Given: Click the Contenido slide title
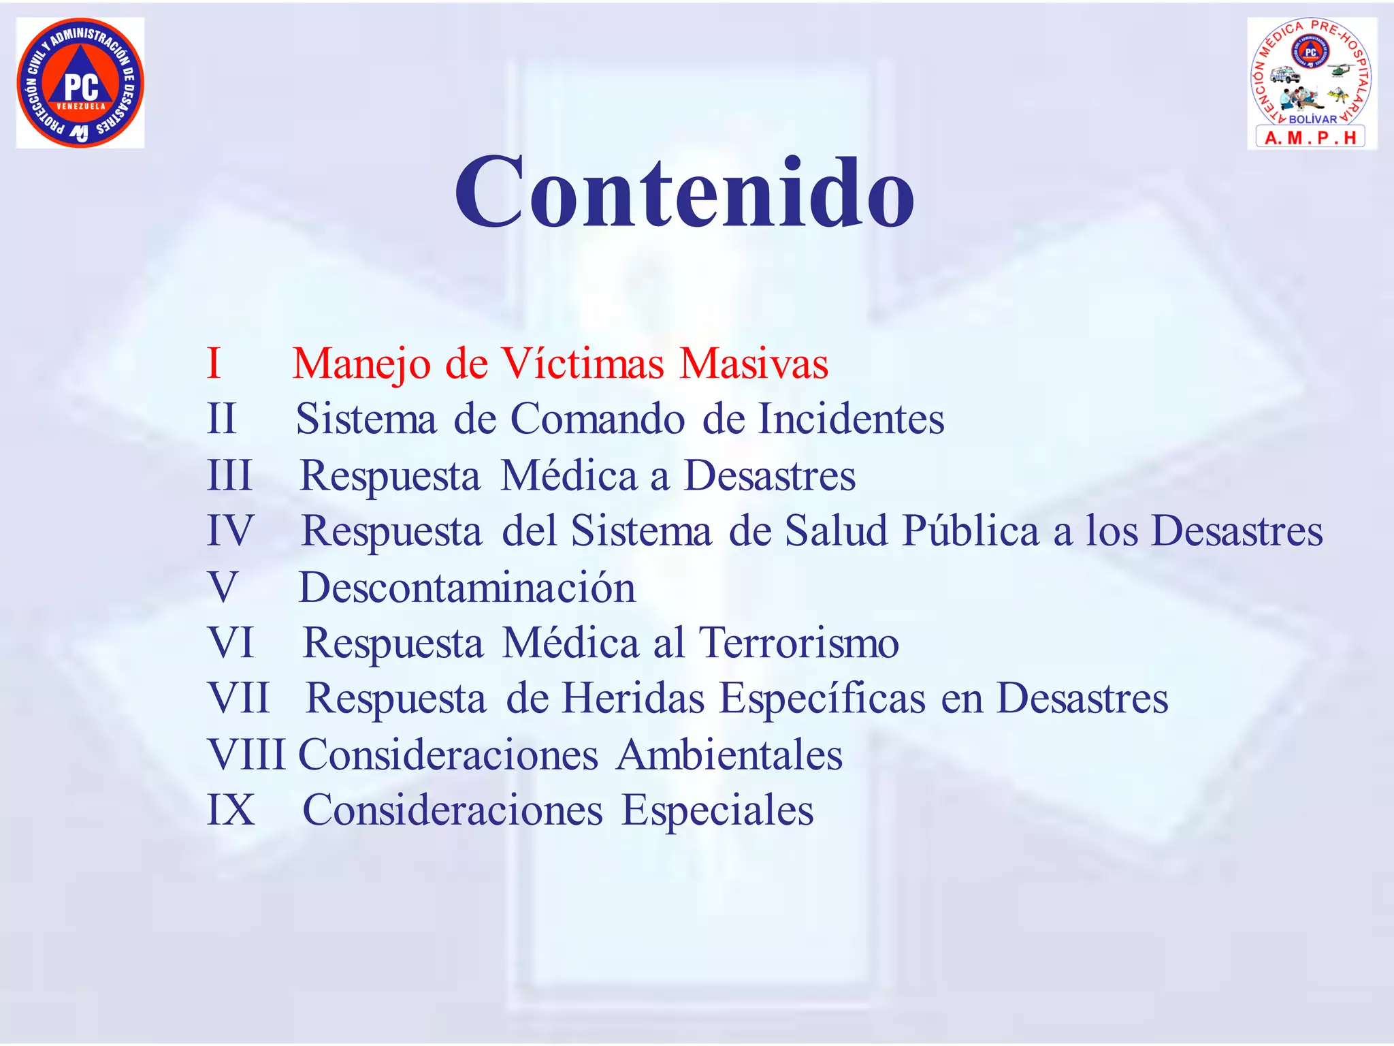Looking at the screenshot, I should (685, 192).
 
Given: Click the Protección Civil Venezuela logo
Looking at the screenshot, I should (80, 83).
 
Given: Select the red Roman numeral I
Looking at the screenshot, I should (214, 363).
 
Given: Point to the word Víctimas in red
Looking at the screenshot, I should (582, 363).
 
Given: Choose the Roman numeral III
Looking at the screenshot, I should (229, 475).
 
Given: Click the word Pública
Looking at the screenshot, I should (971, 530).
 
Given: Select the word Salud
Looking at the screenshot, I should (836, 530).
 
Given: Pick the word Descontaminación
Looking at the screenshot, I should (467, 587).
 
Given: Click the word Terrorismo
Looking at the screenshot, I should (798, 642).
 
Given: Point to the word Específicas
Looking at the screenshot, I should (823, 698).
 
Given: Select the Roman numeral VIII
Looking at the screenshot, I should (246, 755).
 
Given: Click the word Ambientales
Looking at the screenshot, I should (729, 755).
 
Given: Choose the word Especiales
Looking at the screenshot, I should (717, 810).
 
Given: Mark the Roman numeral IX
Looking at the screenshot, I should (231, 810).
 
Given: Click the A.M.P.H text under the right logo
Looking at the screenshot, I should (1310, 138).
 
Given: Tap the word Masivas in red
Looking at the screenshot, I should (753, 363).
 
